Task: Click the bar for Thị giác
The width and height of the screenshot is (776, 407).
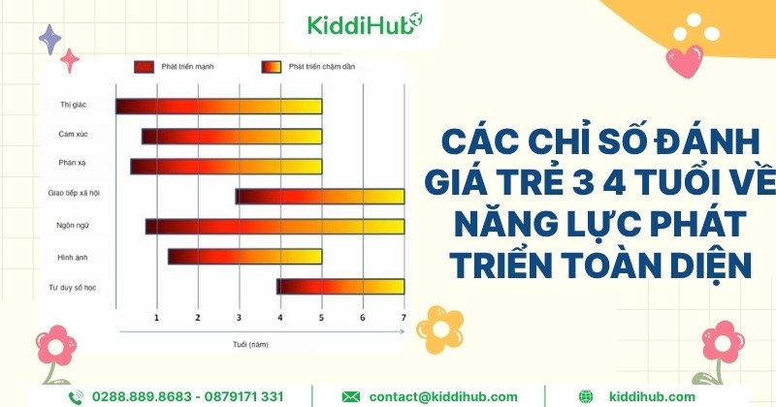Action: click(x=218, y=107)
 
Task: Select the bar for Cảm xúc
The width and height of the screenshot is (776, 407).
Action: click(x=232, y=137)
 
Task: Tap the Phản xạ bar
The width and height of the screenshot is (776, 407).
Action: click(x=226, y=167)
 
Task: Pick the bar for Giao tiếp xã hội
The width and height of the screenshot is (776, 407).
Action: click(x=320, y=197)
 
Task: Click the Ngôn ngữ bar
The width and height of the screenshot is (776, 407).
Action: click(x=275, y=227)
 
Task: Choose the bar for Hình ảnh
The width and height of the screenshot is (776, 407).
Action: click(x=244, y=257)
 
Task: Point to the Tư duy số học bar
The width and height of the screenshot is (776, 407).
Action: click(x=340, y=287)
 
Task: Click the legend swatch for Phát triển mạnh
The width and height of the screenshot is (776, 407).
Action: click(x=145, y=68)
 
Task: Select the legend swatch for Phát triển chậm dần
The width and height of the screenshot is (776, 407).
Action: click(x=271, y=68)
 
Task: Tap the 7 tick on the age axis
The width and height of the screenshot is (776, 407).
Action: click(x=404, y=318)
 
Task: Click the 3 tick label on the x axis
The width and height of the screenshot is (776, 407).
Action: click(x=239, y=318)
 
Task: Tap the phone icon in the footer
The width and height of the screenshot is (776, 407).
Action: click(x=76, y=396)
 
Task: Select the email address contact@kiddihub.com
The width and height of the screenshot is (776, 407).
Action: click(x=442, y=396)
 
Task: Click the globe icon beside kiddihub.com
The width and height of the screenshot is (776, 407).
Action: click(x=586, y=396)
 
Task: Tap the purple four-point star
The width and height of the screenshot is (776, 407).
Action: click(x=48, y=39)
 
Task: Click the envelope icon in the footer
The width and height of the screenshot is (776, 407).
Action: click(x=351, y=396)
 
